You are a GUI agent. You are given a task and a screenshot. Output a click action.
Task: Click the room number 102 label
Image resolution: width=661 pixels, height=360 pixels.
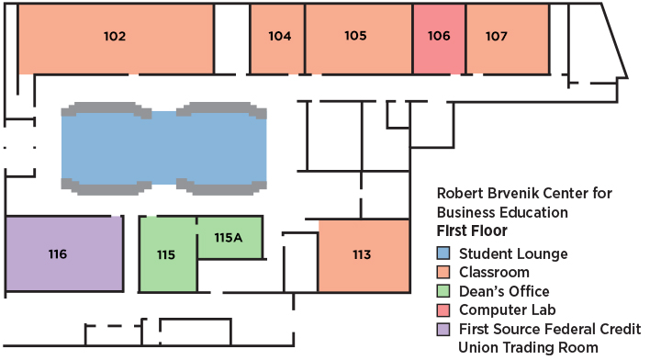(x=115, y=37)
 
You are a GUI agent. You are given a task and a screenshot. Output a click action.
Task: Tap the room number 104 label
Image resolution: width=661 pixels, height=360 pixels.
(x=280, y=37)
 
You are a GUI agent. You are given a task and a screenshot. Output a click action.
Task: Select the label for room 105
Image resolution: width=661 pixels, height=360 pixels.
(x=356, y=37)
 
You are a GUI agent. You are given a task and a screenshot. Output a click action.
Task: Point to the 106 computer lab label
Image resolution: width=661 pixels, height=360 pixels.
(x=439, y=37)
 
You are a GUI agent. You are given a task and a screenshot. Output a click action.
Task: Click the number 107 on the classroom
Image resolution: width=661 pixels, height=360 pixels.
(x=497, y=37)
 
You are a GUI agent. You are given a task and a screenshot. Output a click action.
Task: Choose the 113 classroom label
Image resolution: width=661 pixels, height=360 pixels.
(x=362, y=254)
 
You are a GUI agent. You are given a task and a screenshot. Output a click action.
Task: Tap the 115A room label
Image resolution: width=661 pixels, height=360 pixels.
(x=228, y=238)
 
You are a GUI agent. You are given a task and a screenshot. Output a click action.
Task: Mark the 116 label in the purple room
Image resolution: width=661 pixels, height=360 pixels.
(x=58, y=254)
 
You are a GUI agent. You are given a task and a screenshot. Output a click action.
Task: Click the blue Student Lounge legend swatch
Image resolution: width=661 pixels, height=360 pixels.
(x=443, y=254)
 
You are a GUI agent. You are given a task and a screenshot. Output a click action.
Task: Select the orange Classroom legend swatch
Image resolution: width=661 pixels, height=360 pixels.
(x=443, y=273)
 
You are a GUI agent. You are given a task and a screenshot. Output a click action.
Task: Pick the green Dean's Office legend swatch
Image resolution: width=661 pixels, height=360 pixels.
(x=443, y=292)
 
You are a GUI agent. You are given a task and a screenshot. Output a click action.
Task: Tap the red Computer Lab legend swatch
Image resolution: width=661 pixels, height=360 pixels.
(x=443, y=310)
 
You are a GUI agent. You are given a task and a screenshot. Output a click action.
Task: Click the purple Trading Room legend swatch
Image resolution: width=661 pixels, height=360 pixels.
(x=443, y=330)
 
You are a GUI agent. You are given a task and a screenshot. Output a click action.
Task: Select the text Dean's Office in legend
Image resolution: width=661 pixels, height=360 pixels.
(x=504, y=292)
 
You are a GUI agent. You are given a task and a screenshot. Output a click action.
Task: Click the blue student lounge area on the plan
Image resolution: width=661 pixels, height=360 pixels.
(x=163, y=147)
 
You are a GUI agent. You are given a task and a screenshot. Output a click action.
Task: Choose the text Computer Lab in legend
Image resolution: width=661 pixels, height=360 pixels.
(x=508, y=310)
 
